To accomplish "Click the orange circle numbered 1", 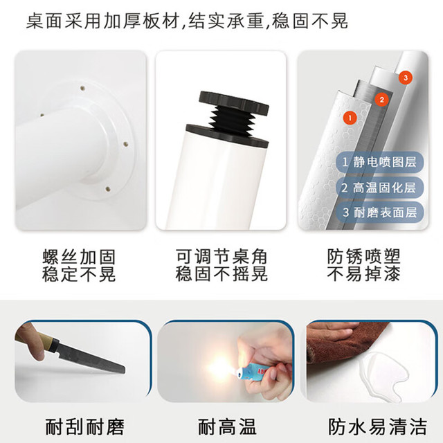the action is (350, 118).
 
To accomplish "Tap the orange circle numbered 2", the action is (381, 100).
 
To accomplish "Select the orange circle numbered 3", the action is (406, 78).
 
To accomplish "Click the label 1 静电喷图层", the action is (379, 162).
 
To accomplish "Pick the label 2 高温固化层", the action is (379, 188).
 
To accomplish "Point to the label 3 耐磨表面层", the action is (379, 213).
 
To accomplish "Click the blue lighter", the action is (253, 368).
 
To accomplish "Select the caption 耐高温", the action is (227, 426).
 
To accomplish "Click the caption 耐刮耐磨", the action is (84, 426).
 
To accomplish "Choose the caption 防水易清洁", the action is (377, 426).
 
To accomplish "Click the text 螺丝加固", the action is (79, 257).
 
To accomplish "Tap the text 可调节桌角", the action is (221, 257).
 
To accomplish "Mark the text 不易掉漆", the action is (364, 273).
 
